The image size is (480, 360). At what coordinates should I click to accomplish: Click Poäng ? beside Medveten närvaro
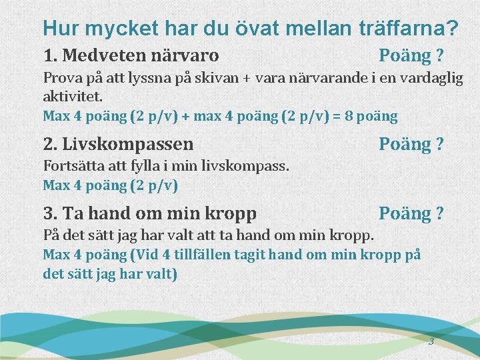click(x=411, y=54)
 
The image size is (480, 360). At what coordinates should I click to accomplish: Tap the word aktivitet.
click(x=73, y=97)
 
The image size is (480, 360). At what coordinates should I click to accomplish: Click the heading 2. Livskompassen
click(x=118, y=144)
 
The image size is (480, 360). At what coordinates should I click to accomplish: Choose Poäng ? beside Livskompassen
click(x=411, y=144)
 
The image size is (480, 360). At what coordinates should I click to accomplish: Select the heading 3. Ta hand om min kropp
click(x=149, y=214)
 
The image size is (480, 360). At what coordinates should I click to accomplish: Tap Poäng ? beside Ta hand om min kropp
click(x=411, y=213)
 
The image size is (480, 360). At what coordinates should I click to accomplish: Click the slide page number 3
click(x=431, y=342)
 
